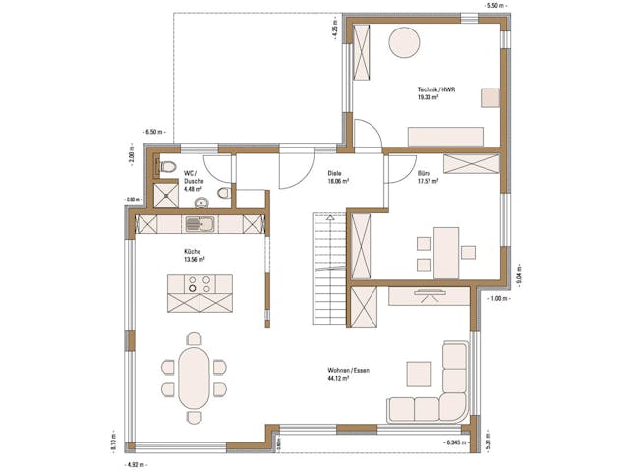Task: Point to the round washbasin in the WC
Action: coord(225,193)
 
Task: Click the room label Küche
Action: coord(193,256)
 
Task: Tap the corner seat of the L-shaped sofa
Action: coord(455,407)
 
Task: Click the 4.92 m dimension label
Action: coord(135,462)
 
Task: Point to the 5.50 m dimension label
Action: coord(495,5)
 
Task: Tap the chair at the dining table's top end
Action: coord(194,338)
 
